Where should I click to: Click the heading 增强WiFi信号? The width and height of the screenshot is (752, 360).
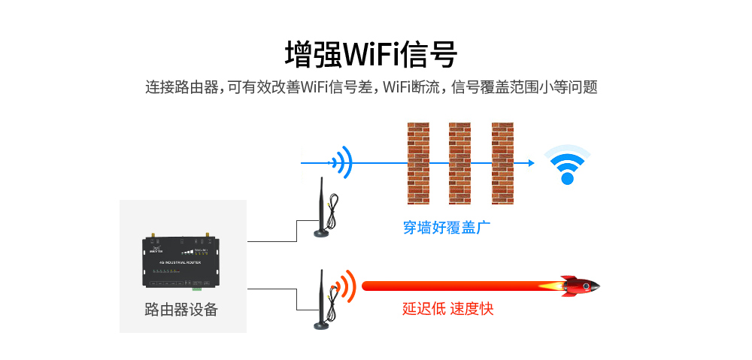pos(371,54)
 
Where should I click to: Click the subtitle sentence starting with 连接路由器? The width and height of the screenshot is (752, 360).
pos(371,87)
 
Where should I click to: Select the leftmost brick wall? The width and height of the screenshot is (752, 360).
pos(417,162)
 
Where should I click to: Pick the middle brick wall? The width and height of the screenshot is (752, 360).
pos(459,162)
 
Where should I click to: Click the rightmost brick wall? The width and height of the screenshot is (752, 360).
pos(502,162)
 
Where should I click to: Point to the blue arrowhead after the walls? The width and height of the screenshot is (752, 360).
pos(531,162)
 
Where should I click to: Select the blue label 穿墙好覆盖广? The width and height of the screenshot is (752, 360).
pos(447,227)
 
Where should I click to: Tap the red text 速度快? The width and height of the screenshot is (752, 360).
pos(472,309)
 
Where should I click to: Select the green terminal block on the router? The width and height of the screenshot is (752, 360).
pos(197,286)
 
